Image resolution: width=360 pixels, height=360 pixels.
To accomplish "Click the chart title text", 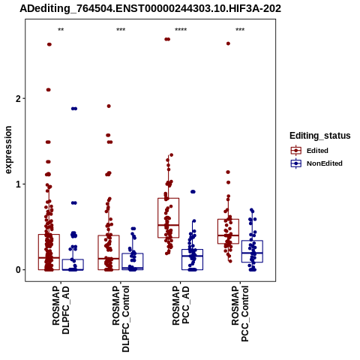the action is [x=151, y=8].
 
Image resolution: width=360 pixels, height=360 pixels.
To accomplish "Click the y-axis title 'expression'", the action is [x=8, y=150].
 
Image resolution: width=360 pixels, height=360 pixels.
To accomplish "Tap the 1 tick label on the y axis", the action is [x=18, y=184].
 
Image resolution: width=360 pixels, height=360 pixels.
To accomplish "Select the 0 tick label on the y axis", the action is [x=18, y=270].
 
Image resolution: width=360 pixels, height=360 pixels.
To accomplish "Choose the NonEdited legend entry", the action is [x=316, y=163].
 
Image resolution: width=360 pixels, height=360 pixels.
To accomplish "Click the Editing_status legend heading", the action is [x=320, y=136].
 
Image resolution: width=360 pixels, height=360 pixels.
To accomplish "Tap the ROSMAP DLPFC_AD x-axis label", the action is [x=61, y=310].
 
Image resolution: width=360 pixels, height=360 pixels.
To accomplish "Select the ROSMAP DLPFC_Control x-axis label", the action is [x=121, y=319].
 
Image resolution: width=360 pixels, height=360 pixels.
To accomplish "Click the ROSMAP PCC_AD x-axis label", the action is [x=181, y=305].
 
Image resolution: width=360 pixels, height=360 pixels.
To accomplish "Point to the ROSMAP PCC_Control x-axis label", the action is [x=240, y=313].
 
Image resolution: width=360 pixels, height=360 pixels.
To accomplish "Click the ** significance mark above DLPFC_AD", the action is [x=61, y=30].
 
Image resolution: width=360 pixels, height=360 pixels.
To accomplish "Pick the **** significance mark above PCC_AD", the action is [x=181, y=30].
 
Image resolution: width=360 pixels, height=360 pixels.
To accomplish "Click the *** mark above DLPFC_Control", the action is [x=121, y=30].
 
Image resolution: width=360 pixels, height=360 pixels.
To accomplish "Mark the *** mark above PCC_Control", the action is [x=240, y=30].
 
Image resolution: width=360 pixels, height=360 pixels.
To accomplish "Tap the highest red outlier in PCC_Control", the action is [x=228, y=43].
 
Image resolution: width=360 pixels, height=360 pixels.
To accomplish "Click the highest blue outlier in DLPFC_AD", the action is [x=74, y=109].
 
